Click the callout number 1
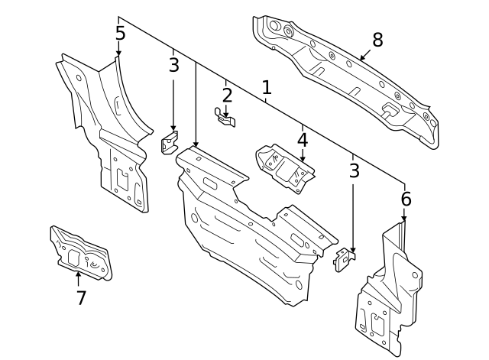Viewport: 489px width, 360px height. [266, 88]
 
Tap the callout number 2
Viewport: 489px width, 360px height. [227, 96]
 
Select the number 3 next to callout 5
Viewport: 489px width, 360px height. [173, 65]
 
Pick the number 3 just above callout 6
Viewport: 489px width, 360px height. [353, 170]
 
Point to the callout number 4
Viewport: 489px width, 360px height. [303, 140]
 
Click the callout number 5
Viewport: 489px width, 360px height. [120, 34]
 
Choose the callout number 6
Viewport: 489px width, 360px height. [406, 199]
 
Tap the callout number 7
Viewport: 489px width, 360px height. [81, 298]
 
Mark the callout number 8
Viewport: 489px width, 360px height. [377, 40]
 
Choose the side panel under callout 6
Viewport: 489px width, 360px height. [390, 298]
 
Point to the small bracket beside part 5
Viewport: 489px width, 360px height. [170, 143]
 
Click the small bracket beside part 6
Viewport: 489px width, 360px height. [345, 259]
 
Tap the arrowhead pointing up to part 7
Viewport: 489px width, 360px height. [78, 273]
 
